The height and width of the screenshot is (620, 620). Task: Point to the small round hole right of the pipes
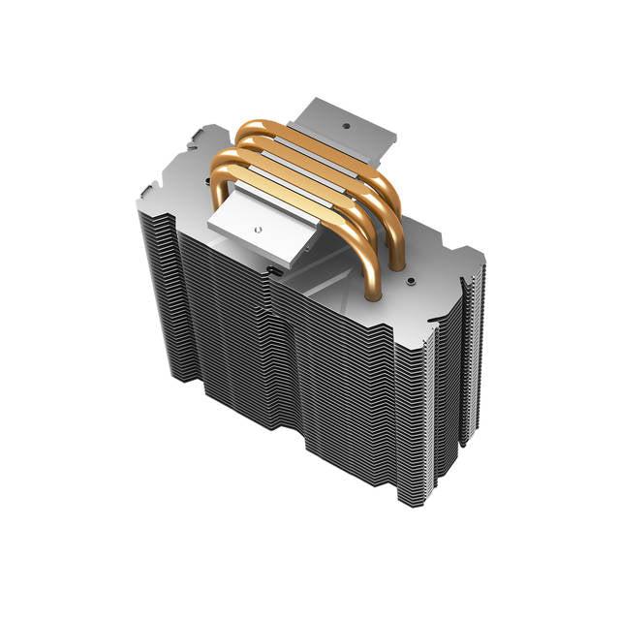click(412, 282)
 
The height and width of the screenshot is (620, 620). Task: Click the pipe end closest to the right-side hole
click(397, 262)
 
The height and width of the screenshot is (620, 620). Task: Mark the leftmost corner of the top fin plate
click(139, 194)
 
